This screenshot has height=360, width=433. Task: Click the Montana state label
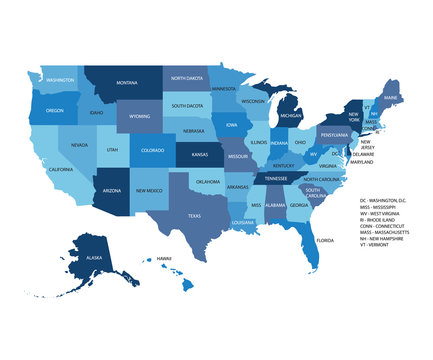[x=127, y=83]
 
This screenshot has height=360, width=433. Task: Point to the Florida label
[x=325, y=241]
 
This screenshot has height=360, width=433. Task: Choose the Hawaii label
[x=163, y=258]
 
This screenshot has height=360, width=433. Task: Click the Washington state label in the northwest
[x=60, y=80]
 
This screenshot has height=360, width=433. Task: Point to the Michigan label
[x=290, y=116]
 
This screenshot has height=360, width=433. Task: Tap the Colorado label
[x=152, y=151]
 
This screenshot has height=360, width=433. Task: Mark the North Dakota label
[x=186, y=78]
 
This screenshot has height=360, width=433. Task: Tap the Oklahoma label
[x=207, y=182]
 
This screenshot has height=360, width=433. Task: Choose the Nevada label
[x=79, y=145]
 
